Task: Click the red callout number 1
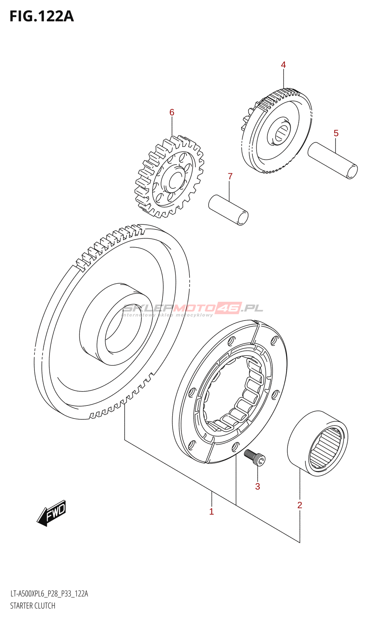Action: (x=211, y=511)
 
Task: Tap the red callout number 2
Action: (x=300, y=505)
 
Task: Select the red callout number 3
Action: (x=258, y=486)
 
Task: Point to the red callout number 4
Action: (x=283, y=65)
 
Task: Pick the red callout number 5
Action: (x=336, y=133)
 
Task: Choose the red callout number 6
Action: (x=172, y=113)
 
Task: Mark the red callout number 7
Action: (x=230, y=176)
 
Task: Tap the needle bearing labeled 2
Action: (x=318, y=443)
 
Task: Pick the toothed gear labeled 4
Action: (x=277, y=132)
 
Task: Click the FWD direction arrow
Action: (x=52, y=513)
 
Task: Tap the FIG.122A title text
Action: (x=42, y=16)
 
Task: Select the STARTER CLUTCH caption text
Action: (x=33, y=606)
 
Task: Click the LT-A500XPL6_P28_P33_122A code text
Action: (x=49, y=594)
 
